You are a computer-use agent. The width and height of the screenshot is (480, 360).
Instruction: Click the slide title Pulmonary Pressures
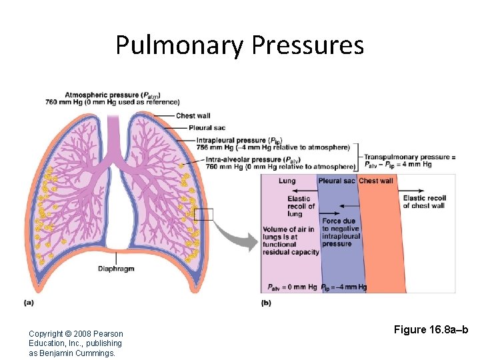[x=239, y=45]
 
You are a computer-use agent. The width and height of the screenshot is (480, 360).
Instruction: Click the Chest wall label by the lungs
[x=193, y=116]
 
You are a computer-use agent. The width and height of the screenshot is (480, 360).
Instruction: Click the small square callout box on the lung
[x=203, y=214]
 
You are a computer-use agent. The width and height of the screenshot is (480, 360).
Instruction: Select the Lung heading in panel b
[x=287, y=181]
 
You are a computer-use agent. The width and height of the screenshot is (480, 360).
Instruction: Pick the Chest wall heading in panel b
[x=377, y=181]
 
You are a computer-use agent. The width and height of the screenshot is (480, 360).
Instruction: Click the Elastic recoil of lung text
[x=299, y=206]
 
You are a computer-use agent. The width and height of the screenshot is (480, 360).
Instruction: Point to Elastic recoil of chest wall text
[x=423, y=202]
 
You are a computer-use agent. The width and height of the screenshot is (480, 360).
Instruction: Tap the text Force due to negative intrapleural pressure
[x=341, y=232]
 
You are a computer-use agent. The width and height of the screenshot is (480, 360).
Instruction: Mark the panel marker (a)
[x=29, y=303]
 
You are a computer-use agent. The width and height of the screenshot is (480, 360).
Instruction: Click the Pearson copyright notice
[x=76, y=343]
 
